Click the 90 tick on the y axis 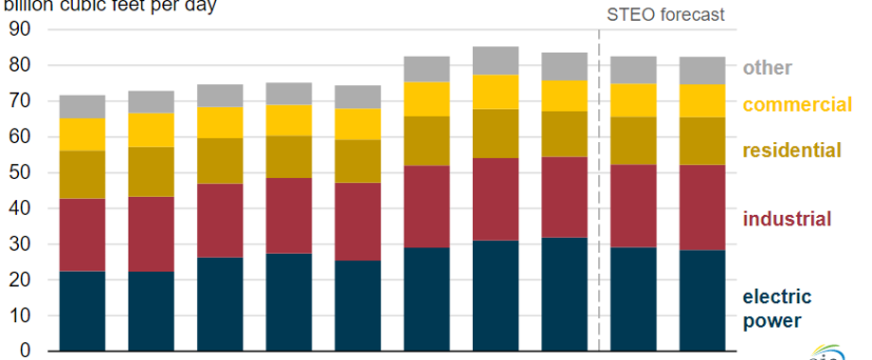20,29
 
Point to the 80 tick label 20,65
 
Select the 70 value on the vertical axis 20,101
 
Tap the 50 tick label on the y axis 20,173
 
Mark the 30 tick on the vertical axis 20,244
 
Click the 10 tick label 20,316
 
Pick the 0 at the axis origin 26,351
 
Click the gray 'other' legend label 767,68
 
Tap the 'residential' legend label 791,151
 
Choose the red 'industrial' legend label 787,220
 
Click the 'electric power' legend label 777,309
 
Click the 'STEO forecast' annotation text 665,14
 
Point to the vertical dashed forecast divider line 599,189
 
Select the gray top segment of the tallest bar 496,61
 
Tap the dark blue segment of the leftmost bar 82,311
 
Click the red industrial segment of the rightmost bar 702,207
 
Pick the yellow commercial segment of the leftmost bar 82,135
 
